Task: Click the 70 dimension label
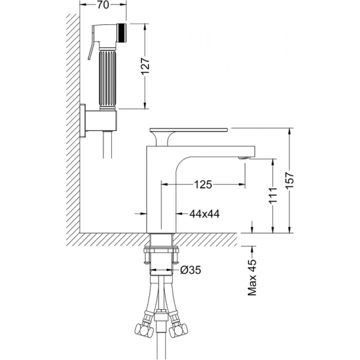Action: (x=103, y=5)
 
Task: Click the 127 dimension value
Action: (x=145, y=66)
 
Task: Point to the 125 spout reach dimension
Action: (x=203, y=184)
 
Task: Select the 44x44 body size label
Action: (x=204, y=214)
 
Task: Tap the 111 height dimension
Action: (x=273, y=196)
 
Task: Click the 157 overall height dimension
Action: (x=290, y=180)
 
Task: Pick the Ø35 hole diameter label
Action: (x=190, y=270)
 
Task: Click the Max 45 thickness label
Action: (x=252, y=278)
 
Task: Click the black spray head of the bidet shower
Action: (x=122, y=33)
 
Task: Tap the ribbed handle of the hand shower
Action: (x=107, y=80)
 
